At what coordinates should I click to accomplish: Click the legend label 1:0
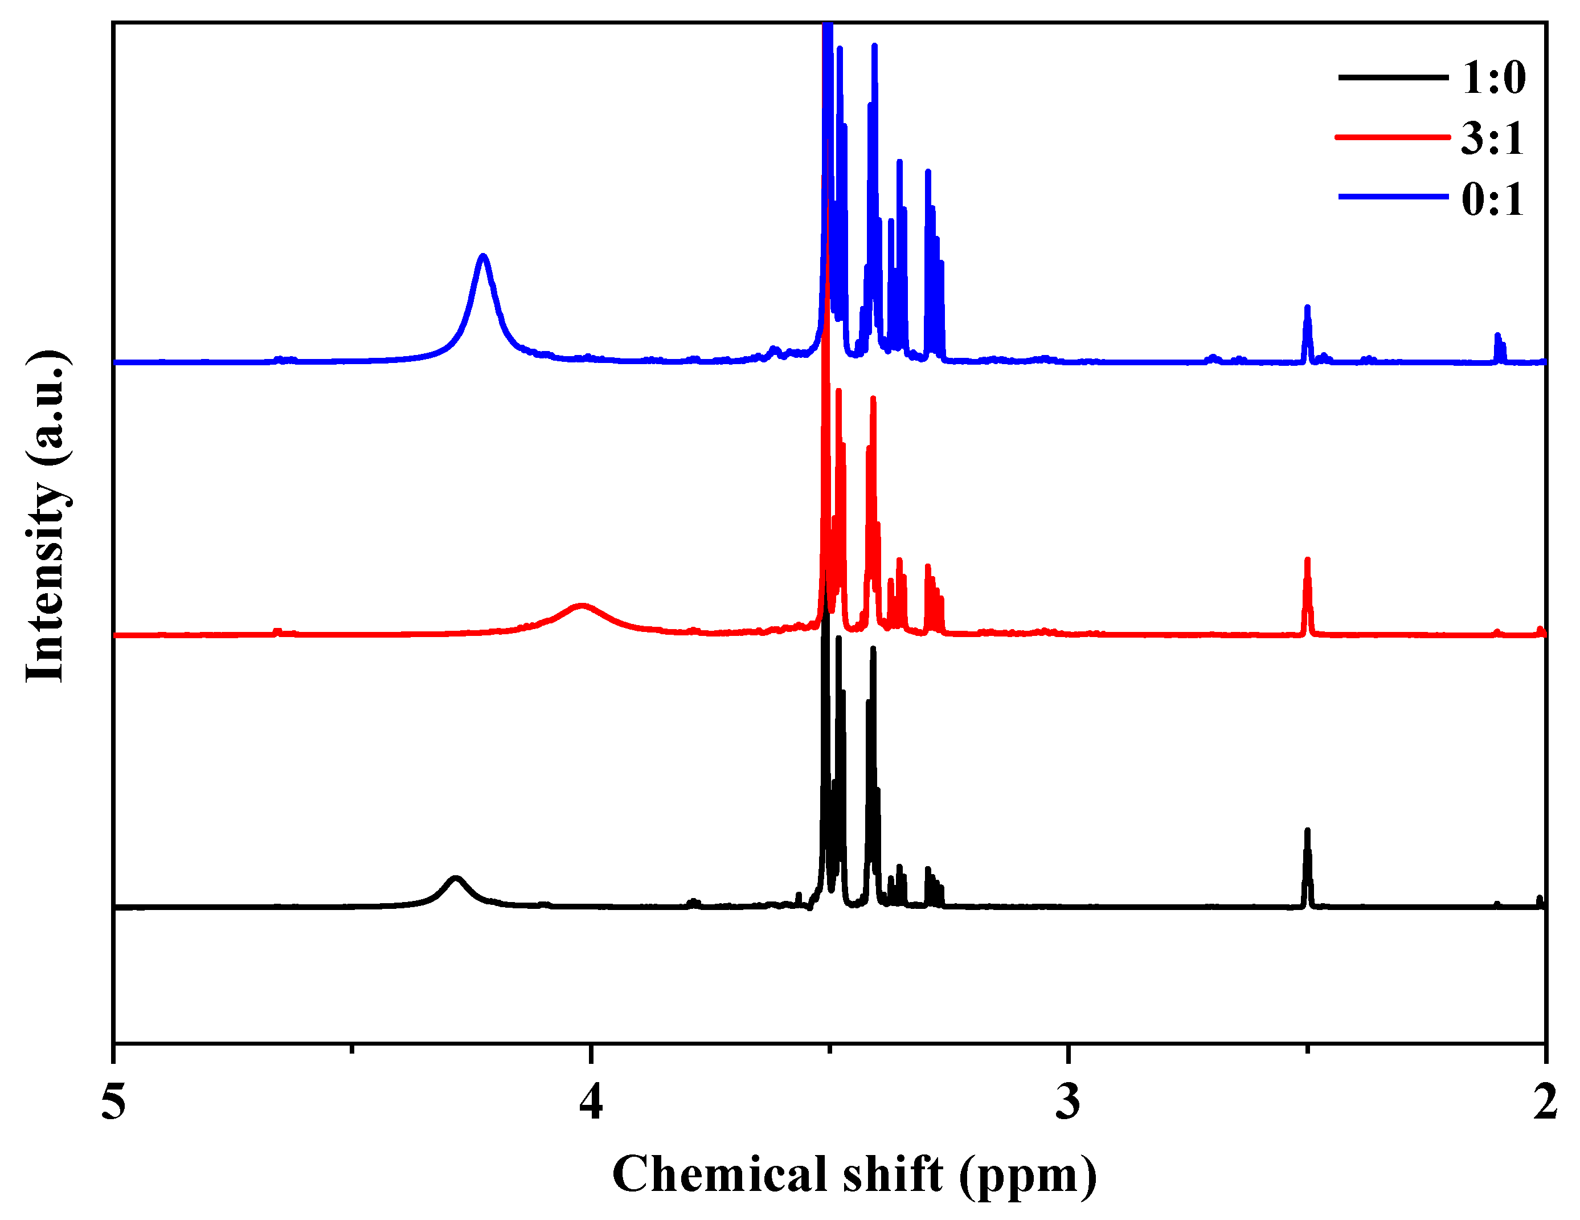[x=1494, y=77]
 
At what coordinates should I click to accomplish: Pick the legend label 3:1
[x=1492, y=138]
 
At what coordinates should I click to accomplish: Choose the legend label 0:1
[x=1492, y=199]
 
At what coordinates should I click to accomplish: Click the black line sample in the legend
[x=1393, y=77]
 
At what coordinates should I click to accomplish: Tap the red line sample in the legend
[x=1393, y=137]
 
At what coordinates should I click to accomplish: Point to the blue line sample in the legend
[x=1393, y=197]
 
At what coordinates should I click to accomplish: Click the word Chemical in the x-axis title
[x=720, y=1174]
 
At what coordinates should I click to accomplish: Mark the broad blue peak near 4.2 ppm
[x=483, y=258]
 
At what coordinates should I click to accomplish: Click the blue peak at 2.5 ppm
[x=1307, y=310]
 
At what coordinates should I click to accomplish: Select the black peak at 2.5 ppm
[x=1307, y=832]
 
